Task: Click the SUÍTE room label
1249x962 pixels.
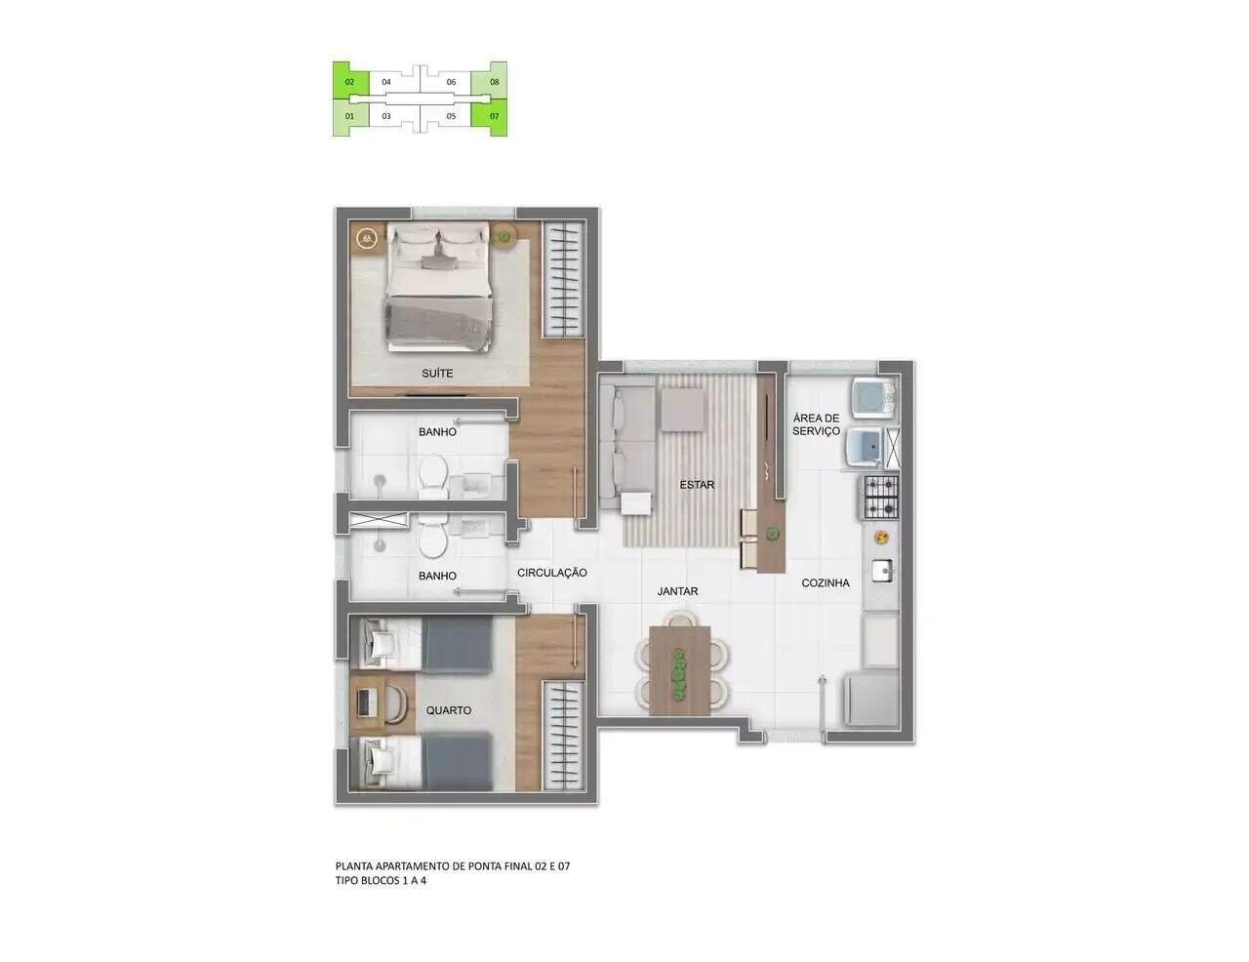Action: (x=437, y=374)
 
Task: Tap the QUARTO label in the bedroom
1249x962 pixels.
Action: (x=448, y=710)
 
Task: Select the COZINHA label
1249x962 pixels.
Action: (x=826, y=582)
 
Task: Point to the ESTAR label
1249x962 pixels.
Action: (x=697, y=485)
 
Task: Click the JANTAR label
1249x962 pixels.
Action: (x=677, y=591)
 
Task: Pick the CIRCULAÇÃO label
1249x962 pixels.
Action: (x=551, y=573)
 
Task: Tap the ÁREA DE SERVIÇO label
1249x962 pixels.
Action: (x=816, y=424)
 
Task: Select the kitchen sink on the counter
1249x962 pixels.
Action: (x=881, y=571)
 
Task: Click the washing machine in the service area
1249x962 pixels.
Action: (x=875, y=398)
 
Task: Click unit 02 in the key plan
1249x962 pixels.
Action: (x=349, y=82)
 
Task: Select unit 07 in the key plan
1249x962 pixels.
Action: (x=494, y=116)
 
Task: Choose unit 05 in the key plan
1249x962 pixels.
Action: (x=451, y=116)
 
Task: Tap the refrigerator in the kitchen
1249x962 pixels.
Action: (x=870, y=701)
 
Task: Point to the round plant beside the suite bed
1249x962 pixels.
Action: (x=504, y=235)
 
